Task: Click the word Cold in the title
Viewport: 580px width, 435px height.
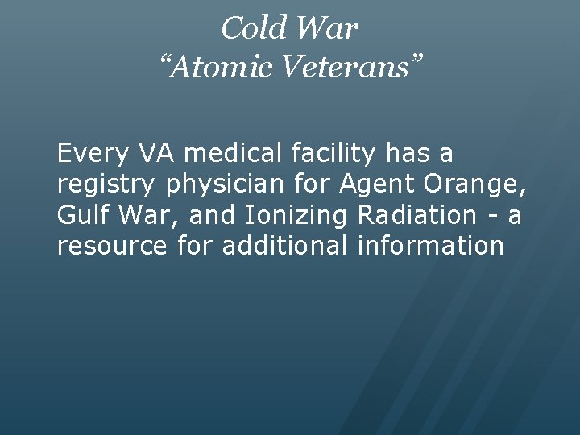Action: click(x=250, y=29)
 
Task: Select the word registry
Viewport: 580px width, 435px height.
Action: click(x=107, y=184)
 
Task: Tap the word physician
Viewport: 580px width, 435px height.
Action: click(x=225, y=184)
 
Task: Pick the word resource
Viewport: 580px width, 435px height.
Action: click(x=112, y=246)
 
